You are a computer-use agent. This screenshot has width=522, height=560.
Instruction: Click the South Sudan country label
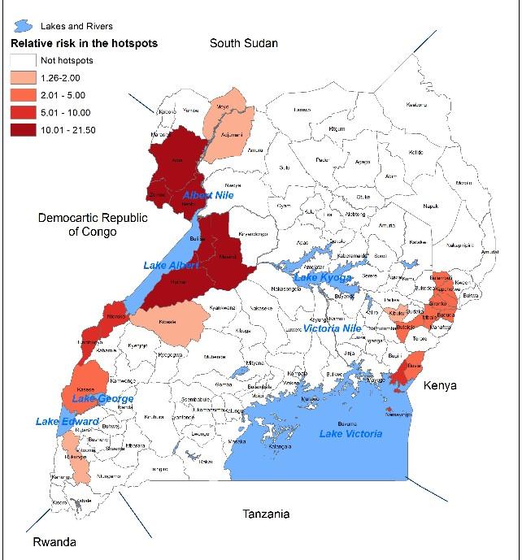244,43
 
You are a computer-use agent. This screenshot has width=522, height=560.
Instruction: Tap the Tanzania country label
267,514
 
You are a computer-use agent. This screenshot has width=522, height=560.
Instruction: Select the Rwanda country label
55,542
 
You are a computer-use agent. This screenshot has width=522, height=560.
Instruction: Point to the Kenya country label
442,385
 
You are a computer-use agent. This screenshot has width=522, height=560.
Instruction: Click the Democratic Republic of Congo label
78,225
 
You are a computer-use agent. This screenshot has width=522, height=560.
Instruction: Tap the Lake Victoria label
350,434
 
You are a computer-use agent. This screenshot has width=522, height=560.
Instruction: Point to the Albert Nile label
208,197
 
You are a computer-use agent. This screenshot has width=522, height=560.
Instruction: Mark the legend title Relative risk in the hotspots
83,43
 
